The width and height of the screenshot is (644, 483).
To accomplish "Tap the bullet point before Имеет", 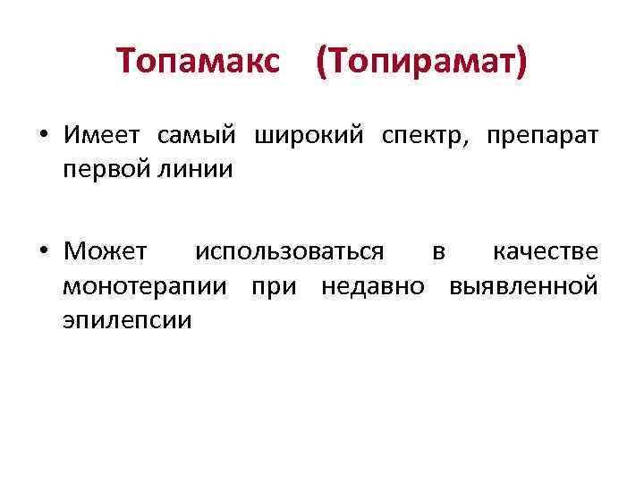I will tap(43, 137).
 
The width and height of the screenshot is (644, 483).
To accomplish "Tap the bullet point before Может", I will tap(43, 253).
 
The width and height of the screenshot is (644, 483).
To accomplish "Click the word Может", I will tap(105, 253).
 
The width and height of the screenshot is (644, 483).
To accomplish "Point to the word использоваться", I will tap(291, 254).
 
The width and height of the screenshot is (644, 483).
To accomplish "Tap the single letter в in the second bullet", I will tap(438, 254).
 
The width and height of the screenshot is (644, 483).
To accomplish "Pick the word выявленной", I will tap(523, 287).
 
